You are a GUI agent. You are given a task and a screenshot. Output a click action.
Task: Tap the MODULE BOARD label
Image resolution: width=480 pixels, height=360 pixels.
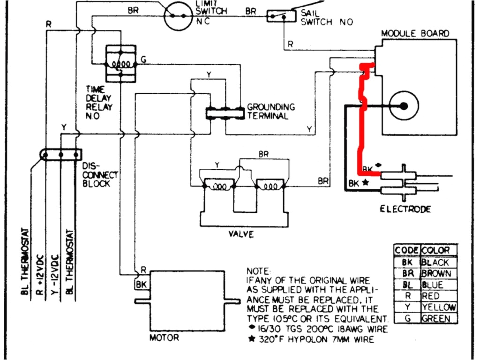tap(414, 34)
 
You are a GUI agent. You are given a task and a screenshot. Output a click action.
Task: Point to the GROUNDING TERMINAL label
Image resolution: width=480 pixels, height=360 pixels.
tap(271, 112)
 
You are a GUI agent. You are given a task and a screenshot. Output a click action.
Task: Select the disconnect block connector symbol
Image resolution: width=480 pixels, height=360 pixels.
tap(60, 154)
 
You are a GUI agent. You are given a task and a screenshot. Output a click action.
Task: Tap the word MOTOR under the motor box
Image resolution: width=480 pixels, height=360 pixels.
tap(164, 337)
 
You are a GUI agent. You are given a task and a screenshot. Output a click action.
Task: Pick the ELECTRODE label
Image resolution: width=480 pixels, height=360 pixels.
tap(405, 209)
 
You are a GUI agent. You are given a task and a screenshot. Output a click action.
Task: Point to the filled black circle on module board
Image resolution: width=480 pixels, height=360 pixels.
tap(404, 106)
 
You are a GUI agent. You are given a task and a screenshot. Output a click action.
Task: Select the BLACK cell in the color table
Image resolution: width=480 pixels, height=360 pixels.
tap(435, 262)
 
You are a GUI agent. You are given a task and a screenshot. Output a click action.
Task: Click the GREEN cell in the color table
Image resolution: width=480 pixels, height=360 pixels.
tap(435, 319)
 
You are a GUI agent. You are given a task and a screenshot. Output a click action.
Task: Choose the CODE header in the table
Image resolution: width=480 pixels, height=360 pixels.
tap(407, 251)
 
